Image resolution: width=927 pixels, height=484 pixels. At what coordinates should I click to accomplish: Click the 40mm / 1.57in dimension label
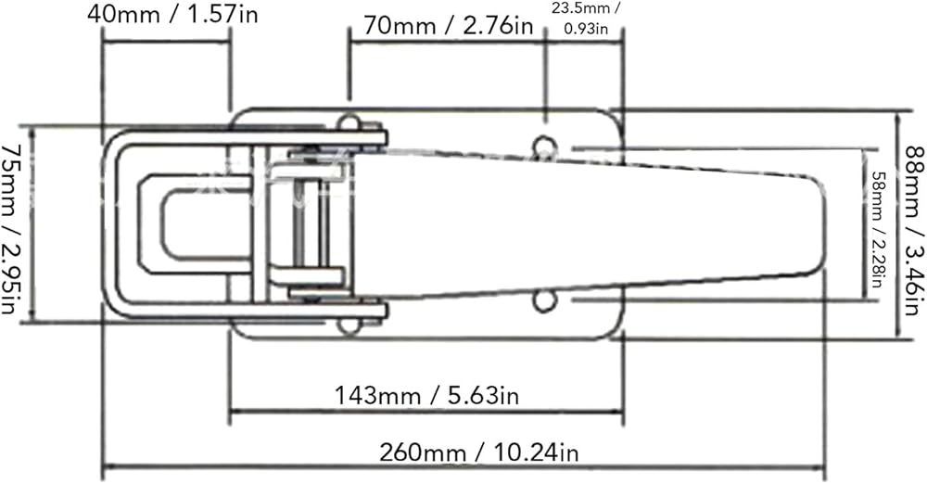pos(172,14)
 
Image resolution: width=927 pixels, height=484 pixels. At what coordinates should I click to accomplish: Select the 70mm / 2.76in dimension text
pos(448,26)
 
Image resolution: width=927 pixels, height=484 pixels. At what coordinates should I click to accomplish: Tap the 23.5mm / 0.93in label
pos(585,18)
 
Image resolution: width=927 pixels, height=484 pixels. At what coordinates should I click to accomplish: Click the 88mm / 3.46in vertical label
pos(915,231)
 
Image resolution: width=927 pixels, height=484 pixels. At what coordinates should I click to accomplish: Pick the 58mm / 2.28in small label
pos(878,228)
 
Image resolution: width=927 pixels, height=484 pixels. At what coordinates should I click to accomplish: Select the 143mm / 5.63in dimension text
pos(426,394)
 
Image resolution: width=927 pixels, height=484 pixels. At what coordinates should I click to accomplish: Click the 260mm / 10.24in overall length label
pos(478,452)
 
